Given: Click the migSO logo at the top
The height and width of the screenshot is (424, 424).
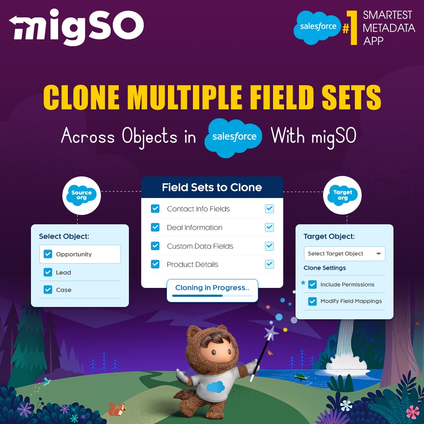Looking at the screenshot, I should pos(76,28).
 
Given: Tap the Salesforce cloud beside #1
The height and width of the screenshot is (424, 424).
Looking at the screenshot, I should pos(318,27).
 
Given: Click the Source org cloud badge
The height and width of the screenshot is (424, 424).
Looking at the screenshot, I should pos(81,195).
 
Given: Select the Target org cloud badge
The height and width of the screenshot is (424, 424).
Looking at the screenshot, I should pos(342,195).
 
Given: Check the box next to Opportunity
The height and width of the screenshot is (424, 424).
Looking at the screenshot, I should pos(48,254).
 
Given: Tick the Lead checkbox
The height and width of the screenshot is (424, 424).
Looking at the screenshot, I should pos(48,272).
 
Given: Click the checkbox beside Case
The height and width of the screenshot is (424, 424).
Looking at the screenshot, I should pos(48,290).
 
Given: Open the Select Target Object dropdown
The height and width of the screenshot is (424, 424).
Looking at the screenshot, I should pos(344,254).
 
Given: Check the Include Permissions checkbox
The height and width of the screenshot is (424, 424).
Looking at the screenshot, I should pos(312,285).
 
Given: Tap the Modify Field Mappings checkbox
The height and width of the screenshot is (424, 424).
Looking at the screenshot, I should pos(312,301).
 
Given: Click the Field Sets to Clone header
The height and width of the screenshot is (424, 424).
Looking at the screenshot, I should pos(212,187).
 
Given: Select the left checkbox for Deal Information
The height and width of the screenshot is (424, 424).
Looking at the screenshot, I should pos(155,227).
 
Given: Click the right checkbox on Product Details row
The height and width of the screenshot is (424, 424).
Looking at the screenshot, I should pos(269,264).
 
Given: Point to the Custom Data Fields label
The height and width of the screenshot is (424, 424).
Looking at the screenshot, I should pos(200,246).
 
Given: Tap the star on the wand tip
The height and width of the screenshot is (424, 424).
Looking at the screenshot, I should pos(271,332).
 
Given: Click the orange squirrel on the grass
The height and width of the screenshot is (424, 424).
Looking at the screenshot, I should pos(117,409).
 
